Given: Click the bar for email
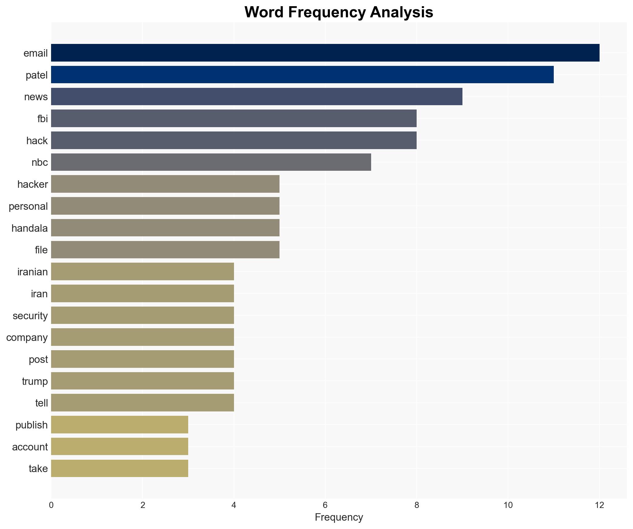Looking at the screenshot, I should pyautogui.click(x=325, y=53).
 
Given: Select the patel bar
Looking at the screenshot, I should pyautogui.click(x=302, y=75).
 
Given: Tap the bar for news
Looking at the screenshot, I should pyautogui.click(x=257, y=97).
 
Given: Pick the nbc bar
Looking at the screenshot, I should pyautogui.click(x=211, y=162).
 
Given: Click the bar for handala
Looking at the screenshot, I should pyautogui.click(x=165, y=228).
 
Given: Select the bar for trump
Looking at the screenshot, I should pyautogui.click(x=142, y=381).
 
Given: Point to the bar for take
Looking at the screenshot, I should pyautogui.click(x=119, y=468).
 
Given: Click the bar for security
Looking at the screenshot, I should pyautogui.click(x=142, y=315).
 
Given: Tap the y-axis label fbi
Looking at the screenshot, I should pyautogui.click(x=42, y=119).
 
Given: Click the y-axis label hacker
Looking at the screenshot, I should pyautogui.click(x=33, y=184).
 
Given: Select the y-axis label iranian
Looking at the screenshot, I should pyautogui.click(x=33, y=272).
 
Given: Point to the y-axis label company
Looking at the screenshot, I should pyautogui.click(x=27, y=337).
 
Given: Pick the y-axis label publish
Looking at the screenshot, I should pyautogui.click(x=32, y=425).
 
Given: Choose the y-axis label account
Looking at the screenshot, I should pyautogui.click(x=30, y=447).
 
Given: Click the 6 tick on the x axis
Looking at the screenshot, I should pyautogui.click(x=325, y=505).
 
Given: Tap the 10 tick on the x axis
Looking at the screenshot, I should pyautogui.click(x=508, y=505).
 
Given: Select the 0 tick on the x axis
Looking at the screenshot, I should pyautogui.click(x=51, y=505).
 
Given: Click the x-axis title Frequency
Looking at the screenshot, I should pyautogui.click(x=339, y=517).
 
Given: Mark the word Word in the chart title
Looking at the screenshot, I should pyautogui.click(x=264, y=12).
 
